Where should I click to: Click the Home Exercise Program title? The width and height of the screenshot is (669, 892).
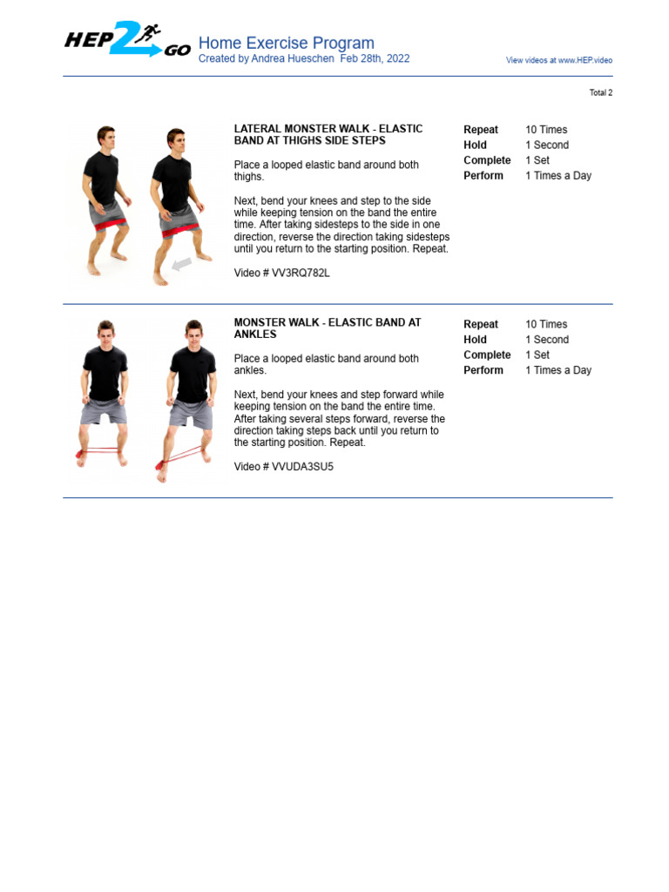(x=286, y=43)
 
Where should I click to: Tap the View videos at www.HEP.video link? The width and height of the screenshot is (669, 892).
(x=558, y=60)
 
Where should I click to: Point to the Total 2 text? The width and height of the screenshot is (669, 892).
(x=600, y=92)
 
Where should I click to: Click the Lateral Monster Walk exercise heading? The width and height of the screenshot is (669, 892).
(x=328, y=134)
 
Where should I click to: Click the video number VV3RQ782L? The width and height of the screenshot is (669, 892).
(x=281, y=273)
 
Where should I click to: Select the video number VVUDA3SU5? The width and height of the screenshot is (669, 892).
(x=283, y=467)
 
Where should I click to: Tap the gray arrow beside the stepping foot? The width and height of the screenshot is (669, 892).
(x=181, y=263)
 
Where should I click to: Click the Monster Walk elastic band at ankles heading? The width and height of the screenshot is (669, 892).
(x=327, y=328)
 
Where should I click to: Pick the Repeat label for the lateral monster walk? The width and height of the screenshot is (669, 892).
(x=481, y=130)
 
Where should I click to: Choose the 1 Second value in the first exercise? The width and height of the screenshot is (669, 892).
(x=546, y=145)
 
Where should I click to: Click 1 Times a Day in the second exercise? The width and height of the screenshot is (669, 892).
(x=557, y=370)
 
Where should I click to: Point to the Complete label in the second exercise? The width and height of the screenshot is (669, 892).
(x=487, y=355)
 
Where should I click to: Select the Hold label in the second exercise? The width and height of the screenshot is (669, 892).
(x=475, y=340)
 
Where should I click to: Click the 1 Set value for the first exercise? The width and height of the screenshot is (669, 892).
(x=537, y=160)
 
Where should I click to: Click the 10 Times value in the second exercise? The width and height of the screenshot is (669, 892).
(x=546, y=324)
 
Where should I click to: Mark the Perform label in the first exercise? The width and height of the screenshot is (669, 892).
(x=483, y=176)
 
